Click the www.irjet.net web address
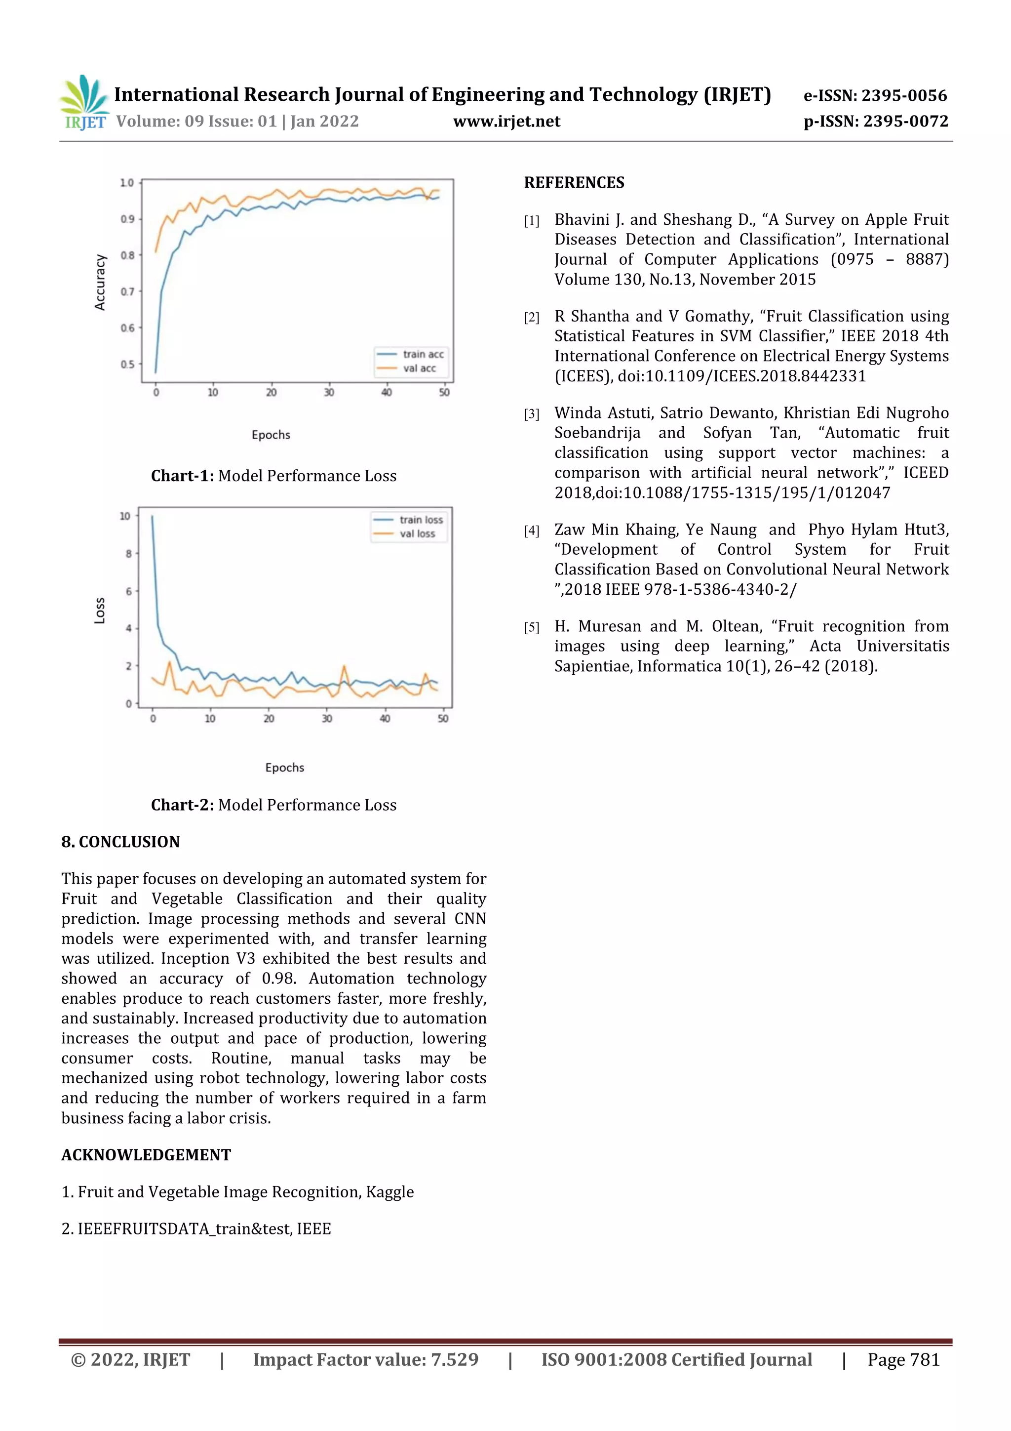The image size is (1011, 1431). coord(506,122)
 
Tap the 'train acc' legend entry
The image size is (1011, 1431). coord(423,354)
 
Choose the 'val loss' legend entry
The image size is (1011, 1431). coord(417,533)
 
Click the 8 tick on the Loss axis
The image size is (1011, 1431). coord(128,553)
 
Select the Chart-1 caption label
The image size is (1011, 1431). coord(183,476)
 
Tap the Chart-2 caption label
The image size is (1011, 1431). coord(183,805)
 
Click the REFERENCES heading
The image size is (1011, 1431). coord(574,183)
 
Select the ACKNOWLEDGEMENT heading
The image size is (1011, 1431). coord(146,1155)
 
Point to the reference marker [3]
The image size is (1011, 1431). coord(531,414)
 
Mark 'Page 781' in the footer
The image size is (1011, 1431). coord(903,1359)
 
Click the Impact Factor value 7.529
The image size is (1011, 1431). coord(455,1359)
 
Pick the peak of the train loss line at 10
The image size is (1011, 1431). coord(153,516)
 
